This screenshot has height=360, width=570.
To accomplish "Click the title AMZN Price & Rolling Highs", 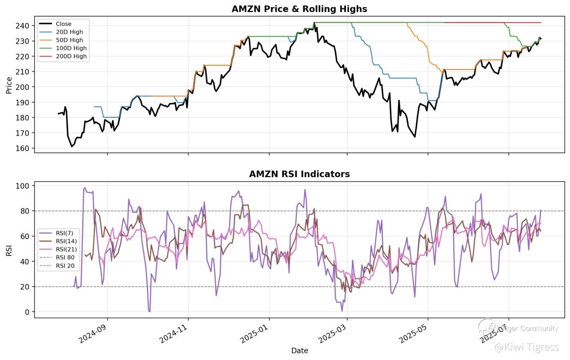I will click(x=299, y=9).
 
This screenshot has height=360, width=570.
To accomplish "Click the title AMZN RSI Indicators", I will click(x=299, y=174).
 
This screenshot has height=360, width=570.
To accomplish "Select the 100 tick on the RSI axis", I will click(x=23, y=186).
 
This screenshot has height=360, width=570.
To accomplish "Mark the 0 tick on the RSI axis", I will click(x=27, y=312).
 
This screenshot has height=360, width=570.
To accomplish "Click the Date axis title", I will click(x=299, y=351).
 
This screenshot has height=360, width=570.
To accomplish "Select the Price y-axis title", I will click(x=9, y=86).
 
